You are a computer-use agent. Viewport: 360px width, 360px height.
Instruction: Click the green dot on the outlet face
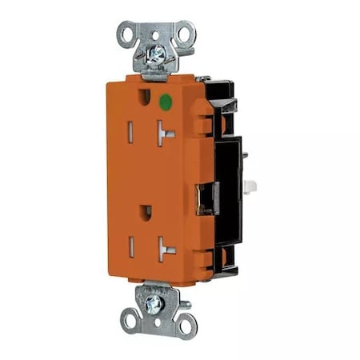click(x=165, y=102)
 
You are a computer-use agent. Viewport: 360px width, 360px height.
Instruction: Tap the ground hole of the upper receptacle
click(x=143, y=98)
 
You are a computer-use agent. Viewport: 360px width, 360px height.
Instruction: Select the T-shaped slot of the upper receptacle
click(x=166, y=132)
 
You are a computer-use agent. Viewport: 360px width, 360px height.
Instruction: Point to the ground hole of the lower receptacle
click(x=145, y=213)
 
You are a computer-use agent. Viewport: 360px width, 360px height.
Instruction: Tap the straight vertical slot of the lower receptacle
click(x=131, y=247)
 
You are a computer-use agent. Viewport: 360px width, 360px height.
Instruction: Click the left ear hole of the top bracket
click(x=127, y=34)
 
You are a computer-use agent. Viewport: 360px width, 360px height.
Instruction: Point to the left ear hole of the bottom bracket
click(x=130, y=322)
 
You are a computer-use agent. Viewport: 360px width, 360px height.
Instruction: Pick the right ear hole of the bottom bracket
click(x=186, y=324)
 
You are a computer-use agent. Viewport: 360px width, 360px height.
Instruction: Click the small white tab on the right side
click(x=250, y=186)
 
